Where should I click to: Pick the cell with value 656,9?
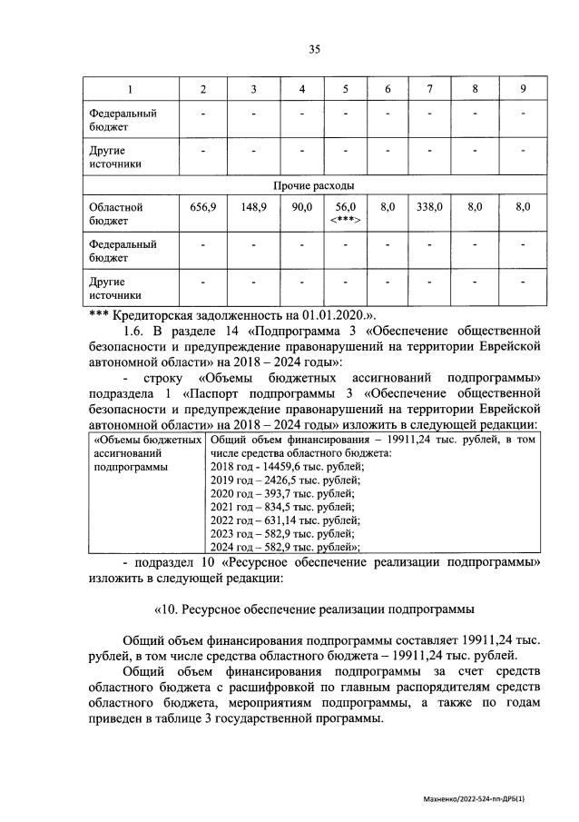coord(203,208)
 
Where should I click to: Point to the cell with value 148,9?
coord(253,208)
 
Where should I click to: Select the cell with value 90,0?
coord(302,208)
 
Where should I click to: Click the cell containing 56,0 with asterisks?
coord(345,213)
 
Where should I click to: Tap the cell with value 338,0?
coord(428,208)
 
